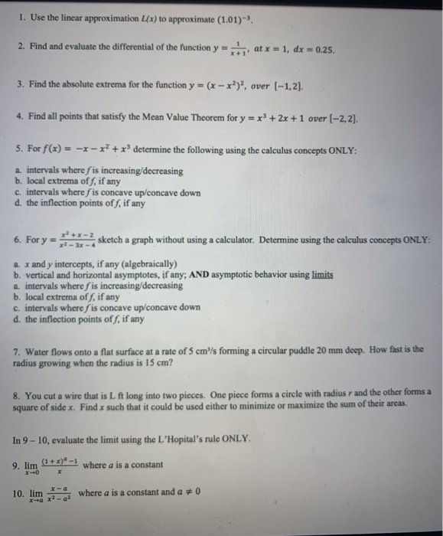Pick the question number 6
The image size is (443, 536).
[18, 240]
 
